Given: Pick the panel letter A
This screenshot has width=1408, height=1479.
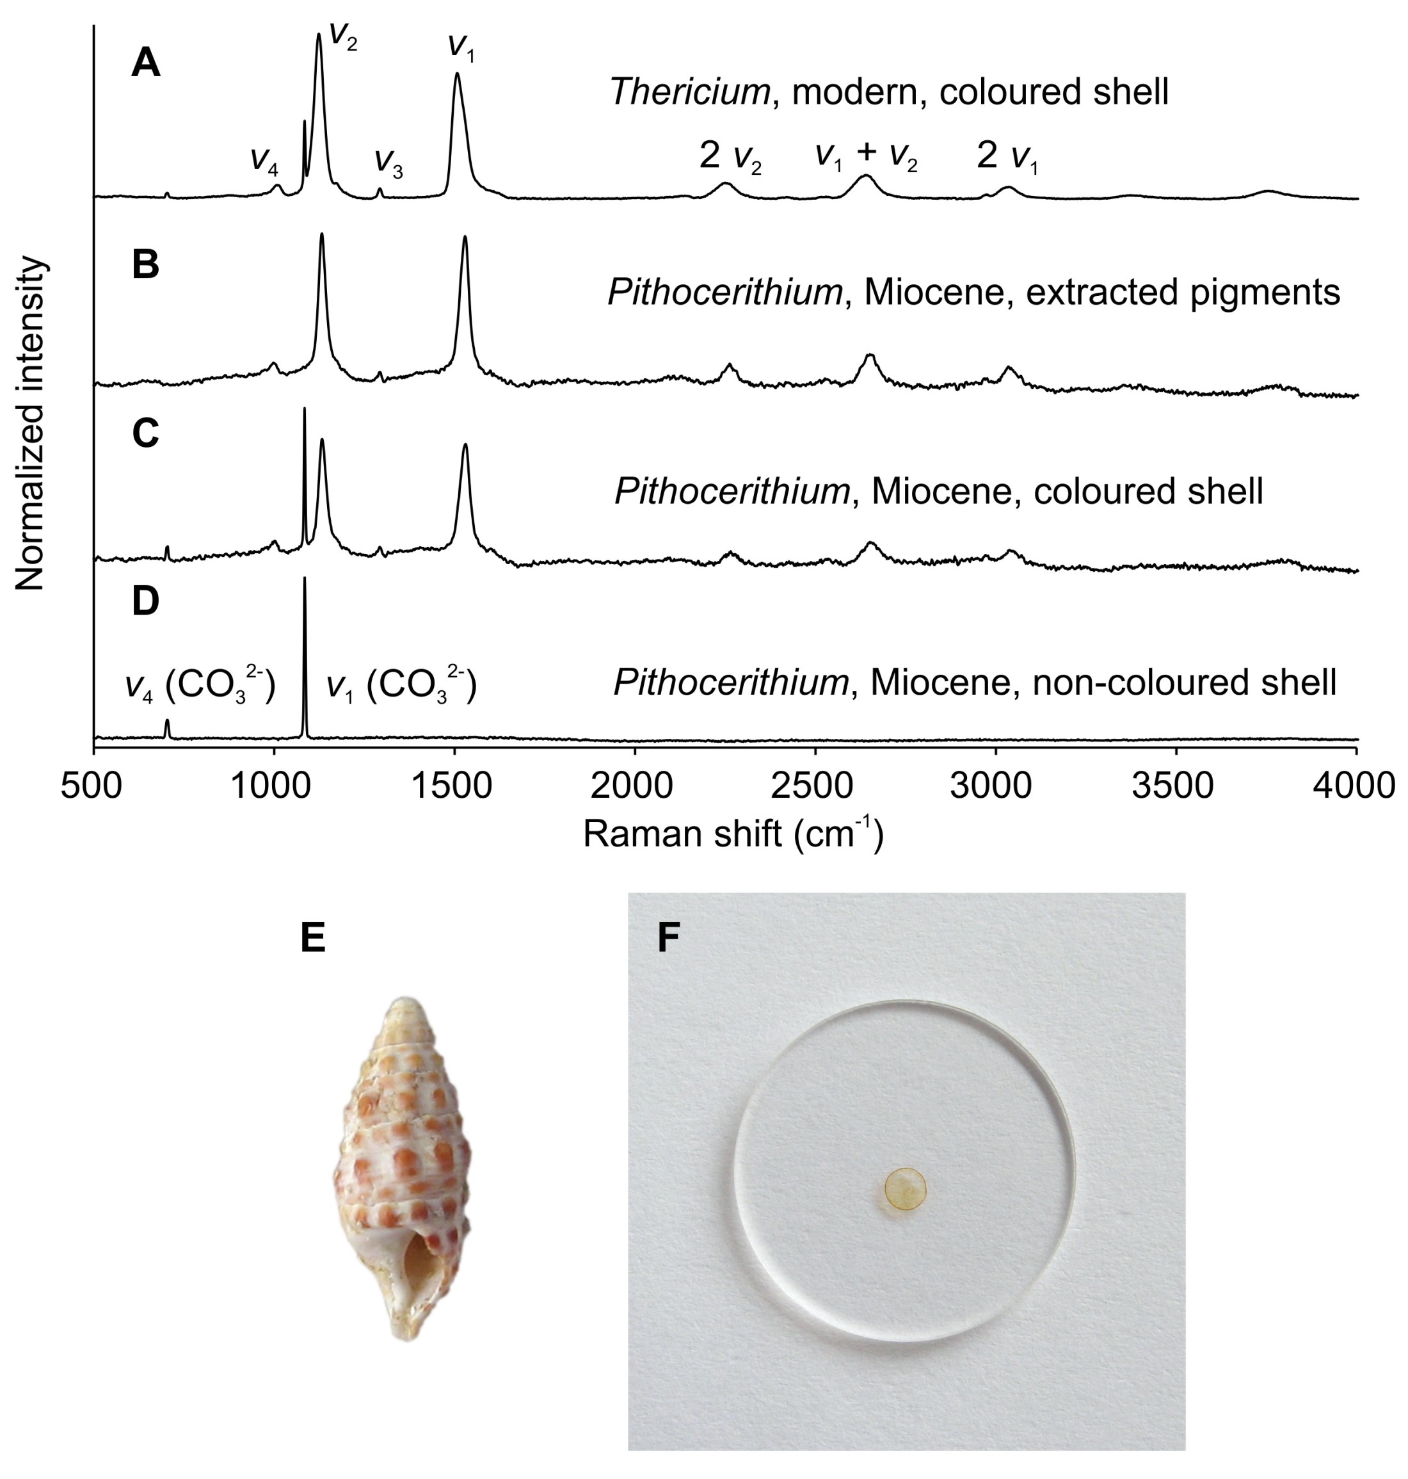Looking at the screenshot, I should point(146,63).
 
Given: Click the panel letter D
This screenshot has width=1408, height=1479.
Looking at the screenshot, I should point(146,601).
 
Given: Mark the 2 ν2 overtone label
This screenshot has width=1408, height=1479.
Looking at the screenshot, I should point(730,156).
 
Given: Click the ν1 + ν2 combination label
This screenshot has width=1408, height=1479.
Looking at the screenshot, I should point(867,155).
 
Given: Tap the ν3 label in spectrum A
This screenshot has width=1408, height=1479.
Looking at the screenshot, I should point(388,161).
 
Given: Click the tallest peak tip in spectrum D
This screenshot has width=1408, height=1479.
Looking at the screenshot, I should point(305,579).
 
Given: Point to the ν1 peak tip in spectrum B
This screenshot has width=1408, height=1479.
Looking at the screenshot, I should point(465,238).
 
